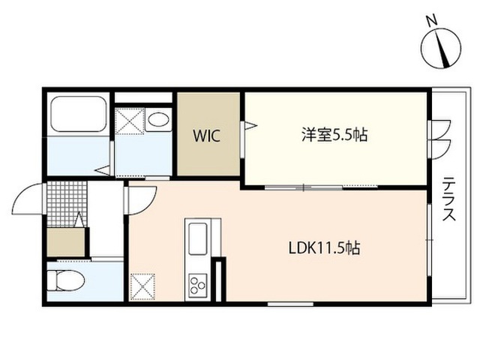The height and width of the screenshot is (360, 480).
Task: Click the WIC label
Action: pos(207,136)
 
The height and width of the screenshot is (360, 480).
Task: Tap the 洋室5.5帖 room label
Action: pos(334,135)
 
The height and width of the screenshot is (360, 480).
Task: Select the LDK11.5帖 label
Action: pos(324,248)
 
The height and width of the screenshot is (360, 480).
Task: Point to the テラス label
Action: pos(449,199)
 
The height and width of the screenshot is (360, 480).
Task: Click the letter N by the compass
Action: pos(432,21)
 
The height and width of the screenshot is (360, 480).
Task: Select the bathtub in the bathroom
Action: pos(78,114)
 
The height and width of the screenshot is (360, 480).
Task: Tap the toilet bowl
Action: pos(67,280)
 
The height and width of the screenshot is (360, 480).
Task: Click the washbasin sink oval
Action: pos(158,119)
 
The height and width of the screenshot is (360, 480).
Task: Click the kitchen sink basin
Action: pos(198,238)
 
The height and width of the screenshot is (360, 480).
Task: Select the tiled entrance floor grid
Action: pos(67,204)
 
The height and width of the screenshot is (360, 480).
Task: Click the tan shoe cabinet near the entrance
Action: pos(66,242)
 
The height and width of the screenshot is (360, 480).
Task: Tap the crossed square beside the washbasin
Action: pos(130,121)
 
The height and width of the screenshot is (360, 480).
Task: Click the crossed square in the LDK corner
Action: pos(142,286)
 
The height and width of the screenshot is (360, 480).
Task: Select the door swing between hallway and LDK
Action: pos(142,200)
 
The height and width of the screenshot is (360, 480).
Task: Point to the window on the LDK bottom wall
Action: pos(290,304)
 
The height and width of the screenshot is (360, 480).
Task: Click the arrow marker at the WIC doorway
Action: pos(252,125)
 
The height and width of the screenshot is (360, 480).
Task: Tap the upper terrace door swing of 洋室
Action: pos(440,130)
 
